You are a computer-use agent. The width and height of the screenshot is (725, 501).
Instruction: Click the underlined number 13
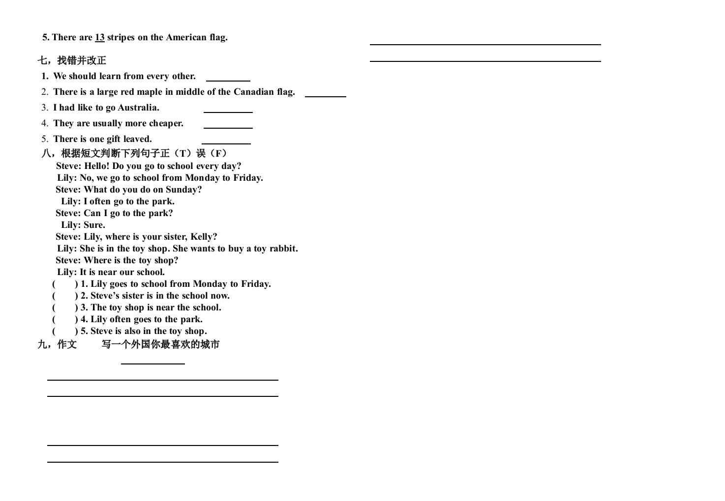(99, 37)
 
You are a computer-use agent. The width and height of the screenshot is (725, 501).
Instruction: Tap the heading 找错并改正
(82, 60)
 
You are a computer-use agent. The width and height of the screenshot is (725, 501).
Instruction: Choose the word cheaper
(166, 123)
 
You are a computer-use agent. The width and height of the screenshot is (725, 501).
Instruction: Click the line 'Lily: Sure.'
(83, 225)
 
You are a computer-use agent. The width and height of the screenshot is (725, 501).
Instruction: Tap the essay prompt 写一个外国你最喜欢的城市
(160, 344)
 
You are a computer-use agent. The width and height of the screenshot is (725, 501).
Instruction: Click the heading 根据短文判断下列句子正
(116, 153)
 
